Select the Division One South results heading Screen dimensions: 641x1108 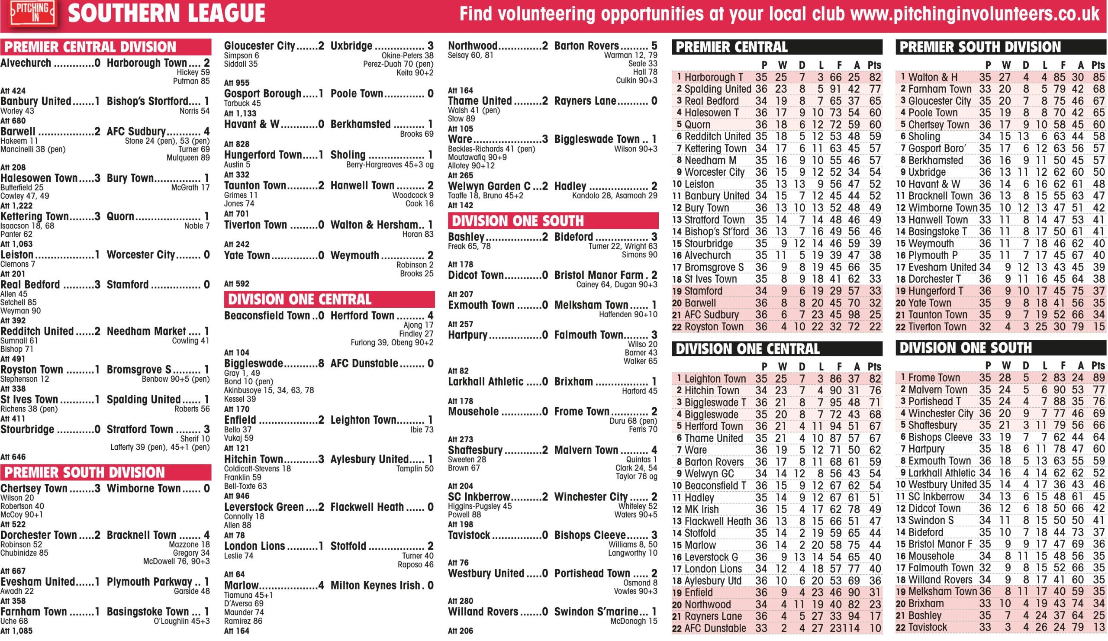click(518, 221)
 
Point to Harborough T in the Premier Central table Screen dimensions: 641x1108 click(713, 77)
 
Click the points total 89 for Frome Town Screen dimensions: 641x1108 click(1098, 378)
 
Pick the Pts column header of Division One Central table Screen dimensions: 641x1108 click(874, 367)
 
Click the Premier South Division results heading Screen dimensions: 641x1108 click(84, 473)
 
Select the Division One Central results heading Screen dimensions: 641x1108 click(300, 300)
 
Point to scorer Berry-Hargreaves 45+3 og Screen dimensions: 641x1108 click(390, 165)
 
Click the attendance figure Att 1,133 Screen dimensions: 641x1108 click(240, 113)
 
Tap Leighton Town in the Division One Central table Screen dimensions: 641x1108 click(715, 379)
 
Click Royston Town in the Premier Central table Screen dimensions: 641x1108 click(714, 327)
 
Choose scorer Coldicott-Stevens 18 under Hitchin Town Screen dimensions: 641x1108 click(257, 469)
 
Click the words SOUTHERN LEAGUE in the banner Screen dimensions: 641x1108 click(166, 13)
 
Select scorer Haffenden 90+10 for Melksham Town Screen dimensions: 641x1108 click(628, 315)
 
